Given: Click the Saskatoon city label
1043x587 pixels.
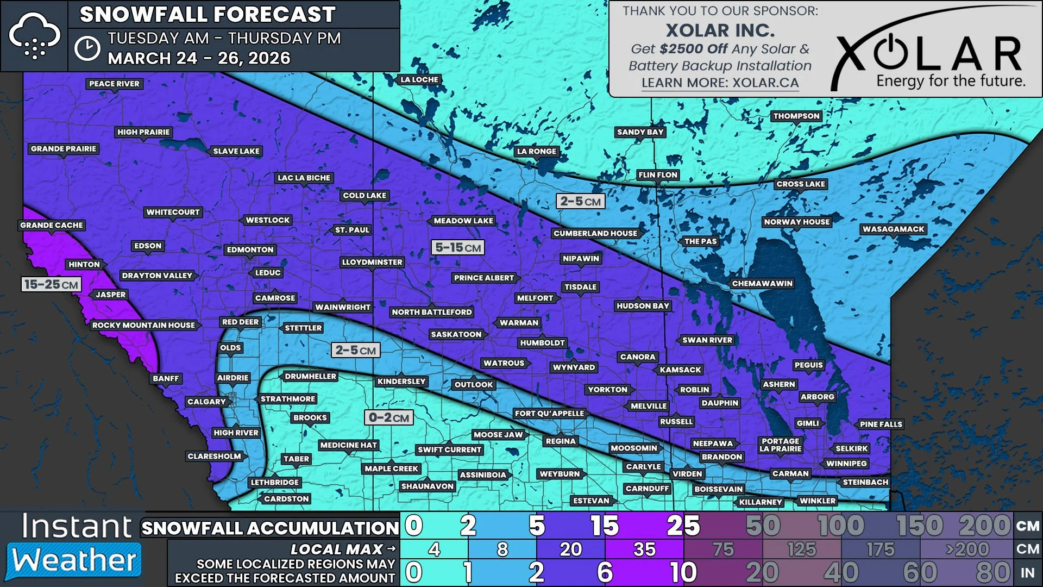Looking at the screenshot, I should (x=456, y=334).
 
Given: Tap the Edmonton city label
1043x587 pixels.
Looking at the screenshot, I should (x=250, y=249).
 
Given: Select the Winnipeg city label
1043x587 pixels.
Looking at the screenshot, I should (x=846, y=464).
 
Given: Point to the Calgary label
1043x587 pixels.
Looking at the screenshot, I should (x=206, y=402).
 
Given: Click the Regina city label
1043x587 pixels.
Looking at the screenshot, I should (x=560, y=441).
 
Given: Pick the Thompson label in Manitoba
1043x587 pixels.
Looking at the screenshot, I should (x=796, y=116).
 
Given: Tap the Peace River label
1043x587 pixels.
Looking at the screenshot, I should (x=114, y=84).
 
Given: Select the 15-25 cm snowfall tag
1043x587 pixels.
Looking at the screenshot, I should (x=51, y=284).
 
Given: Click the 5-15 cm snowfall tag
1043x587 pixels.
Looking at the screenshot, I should (x=458, y=248).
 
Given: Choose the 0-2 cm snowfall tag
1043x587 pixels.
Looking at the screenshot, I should (x=389, y=417).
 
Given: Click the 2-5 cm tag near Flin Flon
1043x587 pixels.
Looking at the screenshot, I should (x=580, y=201).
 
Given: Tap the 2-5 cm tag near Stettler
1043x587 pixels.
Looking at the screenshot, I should (x=355, y=350).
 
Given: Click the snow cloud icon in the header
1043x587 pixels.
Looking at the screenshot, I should (x=34, y=36).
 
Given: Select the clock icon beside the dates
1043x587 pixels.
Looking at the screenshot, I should (x=87, y=48).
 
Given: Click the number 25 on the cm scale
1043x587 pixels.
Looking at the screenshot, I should (x=683, y=526).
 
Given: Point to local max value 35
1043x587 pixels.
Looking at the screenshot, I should (x=644, y=549).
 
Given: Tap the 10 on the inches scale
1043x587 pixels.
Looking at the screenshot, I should (x=683, y=572).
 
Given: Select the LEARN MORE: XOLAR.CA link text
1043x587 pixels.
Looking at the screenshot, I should (x=720, y=83).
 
